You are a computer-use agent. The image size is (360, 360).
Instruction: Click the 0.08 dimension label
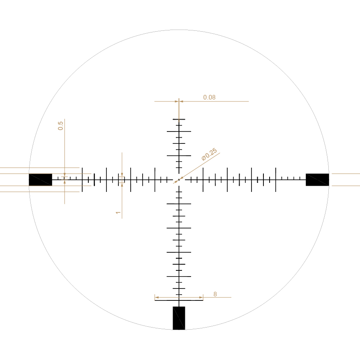209,97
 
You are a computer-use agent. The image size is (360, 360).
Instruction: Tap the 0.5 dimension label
61,126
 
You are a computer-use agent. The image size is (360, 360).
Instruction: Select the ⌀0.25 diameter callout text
209,155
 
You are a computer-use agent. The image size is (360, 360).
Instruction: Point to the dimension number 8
215,294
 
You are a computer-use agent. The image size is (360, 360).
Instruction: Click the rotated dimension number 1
118,212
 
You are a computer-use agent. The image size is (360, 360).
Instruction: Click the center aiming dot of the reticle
179,180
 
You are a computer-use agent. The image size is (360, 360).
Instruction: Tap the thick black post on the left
40,180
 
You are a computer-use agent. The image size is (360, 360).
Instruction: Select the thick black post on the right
317,180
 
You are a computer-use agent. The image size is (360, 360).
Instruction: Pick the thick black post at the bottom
179,318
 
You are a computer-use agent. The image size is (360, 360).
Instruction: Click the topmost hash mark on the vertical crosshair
179,119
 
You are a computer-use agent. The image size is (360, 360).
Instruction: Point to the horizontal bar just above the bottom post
179,300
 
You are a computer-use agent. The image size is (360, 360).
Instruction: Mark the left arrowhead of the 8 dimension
157,297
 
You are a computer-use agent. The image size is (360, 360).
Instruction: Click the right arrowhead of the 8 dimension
201,297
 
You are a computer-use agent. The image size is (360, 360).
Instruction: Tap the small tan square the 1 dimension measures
122,180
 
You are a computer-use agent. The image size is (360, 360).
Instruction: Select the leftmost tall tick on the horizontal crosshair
82,180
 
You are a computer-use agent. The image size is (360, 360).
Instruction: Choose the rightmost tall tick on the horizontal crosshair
276,180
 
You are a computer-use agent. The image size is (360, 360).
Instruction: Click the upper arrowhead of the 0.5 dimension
65,175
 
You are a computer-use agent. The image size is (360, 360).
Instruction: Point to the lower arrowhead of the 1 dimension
122,185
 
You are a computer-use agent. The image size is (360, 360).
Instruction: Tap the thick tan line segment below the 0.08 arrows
179,110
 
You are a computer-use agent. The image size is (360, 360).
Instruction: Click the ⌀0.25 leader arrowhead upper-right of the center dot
182,178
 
